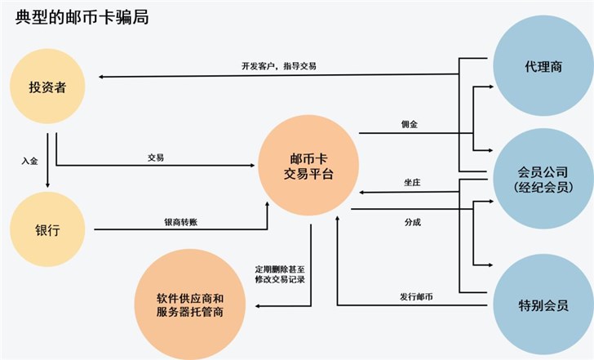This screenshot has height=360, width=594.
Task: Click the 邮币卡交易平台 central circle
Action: (x=308, y=167)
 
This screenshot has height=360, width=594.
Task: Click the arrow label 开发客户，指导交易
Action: (x=279, y=65)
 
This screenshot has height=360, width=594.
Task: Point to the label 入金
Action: (x=29, y=161)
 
